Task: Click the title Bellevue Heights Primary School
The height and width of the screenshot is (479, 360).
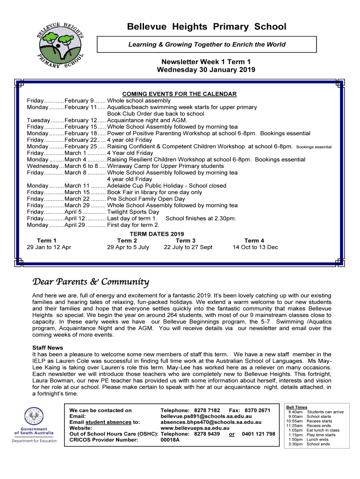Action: click(207, 27)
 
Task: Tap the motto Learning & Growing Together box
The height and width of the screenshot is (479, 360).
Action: click(207, 44)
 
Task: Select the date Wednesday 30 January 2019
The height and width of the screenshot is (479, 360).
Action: click(206, 70)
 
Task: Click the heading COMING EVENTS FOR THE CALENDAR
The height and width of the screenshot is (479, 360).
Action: click(179, 94)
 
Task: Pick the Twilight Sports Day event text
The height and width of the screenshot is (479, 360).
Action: click(133, 212)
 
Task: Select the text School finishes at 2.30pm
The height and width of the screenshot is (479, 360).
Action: click(201, 218)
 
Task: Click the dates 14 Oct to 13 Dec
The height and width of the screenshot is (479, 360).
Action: click(255, 247)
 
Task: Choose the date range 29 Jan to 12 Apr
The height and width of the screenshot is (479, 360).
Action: click(49, 247)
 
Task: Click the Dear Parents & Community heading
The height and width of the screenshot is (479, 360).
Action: click(90, 282)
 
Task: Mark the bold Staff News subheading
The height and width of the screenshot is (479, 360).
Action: click(48, 348)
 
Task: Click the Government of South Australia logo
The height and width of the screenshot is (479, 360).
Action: click(34, 425)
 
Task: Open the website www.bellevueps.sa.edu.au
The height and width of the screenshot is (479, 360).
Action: click(194, 428)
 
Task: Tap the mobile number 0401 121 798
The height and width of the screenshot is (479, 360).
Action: click(258, 434)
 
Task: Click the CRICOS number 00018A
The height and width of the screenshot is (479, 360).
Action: click(170, 440)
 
